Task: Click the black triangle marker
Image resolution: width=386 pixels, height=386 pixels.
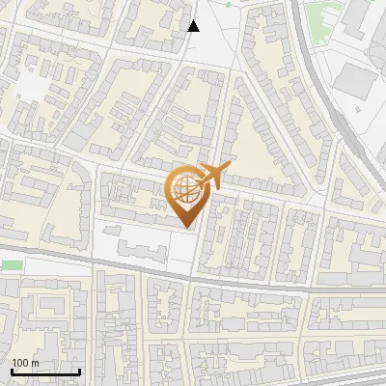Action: (x=194, y=25)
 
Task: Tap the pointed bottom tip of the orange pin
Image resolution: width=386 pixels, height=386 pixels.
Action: (x=186, y=227)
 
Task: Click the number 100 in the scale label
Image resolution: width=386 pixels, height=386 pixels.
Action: (x=20, y=363)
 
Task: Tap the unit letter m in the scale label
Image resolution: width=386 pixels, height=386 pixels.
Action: (x=36, y=363)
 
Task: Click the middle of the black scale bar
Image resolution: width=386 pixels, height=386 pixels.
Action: (x=45, y=372)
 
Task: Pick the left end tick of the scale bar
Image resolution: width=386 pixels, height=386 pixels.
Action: (x=12, y=370)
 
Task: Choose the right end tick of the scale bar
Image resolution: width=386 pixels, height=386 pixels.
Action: (x=79, y=370)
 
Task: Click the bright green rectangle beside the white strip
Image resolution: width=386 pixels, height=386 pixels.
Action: (x=11, y=264)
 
